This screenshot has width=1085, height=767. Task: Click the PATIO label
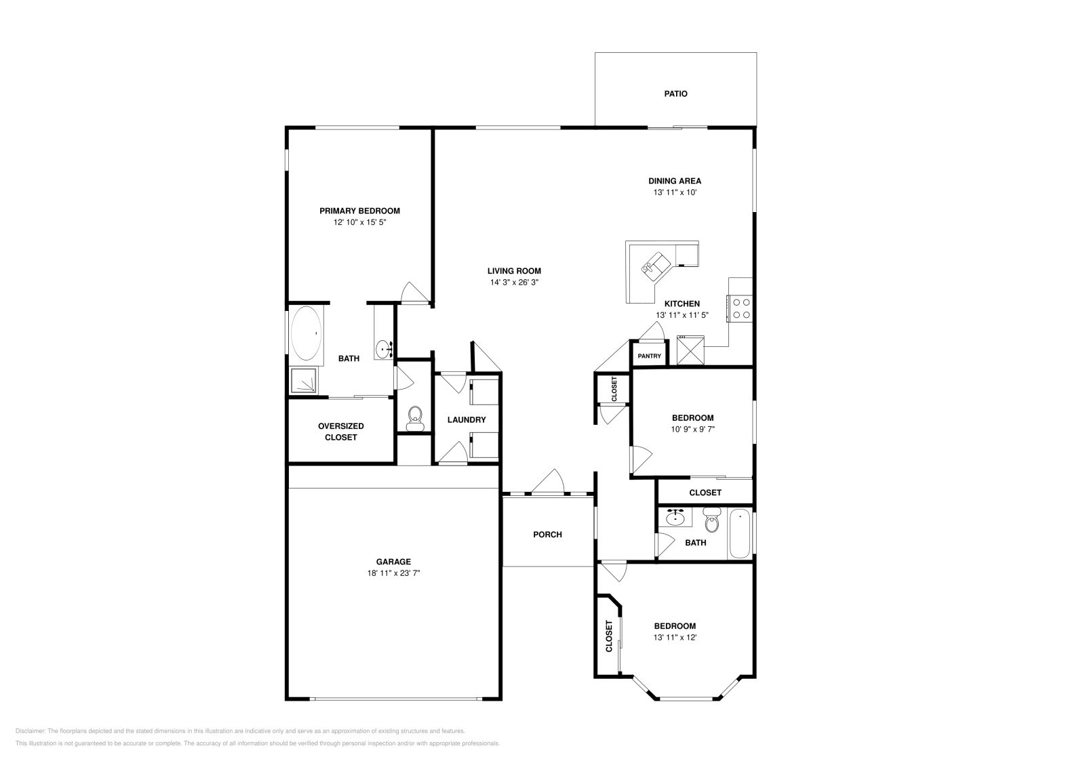coord(675,94)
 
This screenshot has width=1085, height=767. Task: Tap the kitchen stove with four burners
coord(741,308)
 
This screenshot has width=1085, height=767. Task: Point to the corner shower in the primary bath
coord(304,381)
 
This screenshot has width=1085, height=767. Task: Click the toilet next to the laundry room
coord(414,417)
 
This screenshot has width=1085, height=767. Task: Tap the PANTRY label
coord(649,356)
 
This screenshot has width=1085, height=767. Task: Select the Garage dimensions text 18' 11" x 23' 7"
coord(393,573)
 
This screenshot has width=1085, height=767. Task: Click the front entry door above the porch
coord(549,483)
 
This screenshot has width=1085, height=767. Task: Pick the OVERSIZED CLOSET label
coord(340,432)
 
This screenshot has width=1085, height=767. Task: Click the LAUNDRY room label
coord(467,420)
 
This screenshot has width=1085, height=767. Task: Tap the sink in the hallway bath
coord(675,518)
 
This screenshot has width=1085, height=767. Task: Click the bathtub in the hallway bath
coord(740,534)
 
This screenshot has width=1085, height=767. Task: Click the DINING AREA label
coord(674,181)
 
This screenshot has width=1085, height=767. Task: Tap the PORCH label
coord(547,535)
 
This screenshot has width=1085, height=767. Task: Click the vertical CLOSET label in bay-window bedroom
coord(609,636)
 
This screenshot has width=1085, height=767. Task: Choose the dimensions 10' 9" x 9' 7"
coord(692,429)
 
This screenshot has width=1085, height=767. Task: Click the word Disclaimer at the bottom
coord(30,731)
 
